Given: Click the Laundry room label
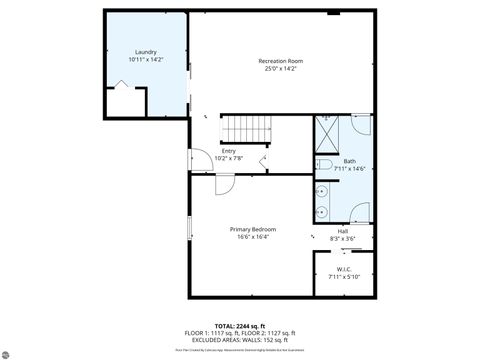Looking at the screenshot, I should pyautogui.click(x=146, y=52).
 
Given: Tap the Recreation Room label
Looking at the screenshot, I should pyautogui.click(x=280, y=61).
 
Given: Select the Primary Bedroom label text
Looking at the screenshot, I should pyautogui.click(x=252, y=229).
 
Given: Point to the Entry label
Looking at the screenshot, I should pyautogui.click(x=228, y=151).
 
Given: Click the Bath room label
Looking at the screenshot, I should pyautogui.click(x=349, y=161).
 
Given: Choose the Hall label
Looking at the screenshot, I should pyautogui.click(x=343, y=231).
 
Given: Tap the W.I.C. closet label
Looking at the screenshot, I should pyautogui.click(x=343, y=269).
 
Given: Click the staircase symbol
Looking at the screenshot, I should pyautogui.click(x=246, y=129).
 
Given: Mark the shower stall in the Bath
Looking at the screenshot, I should pyautogui.click(x=328, y=132).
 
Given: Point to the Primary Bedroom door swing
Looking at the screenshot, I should pyautogui.click(x=225, y=184).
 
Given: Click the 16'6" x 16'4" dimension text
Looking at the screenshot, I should pyautogui.click(x=252, y=237).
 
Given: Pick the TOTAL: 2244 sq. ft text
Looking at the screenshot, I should pyautogui.click(x=239, y=326).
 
